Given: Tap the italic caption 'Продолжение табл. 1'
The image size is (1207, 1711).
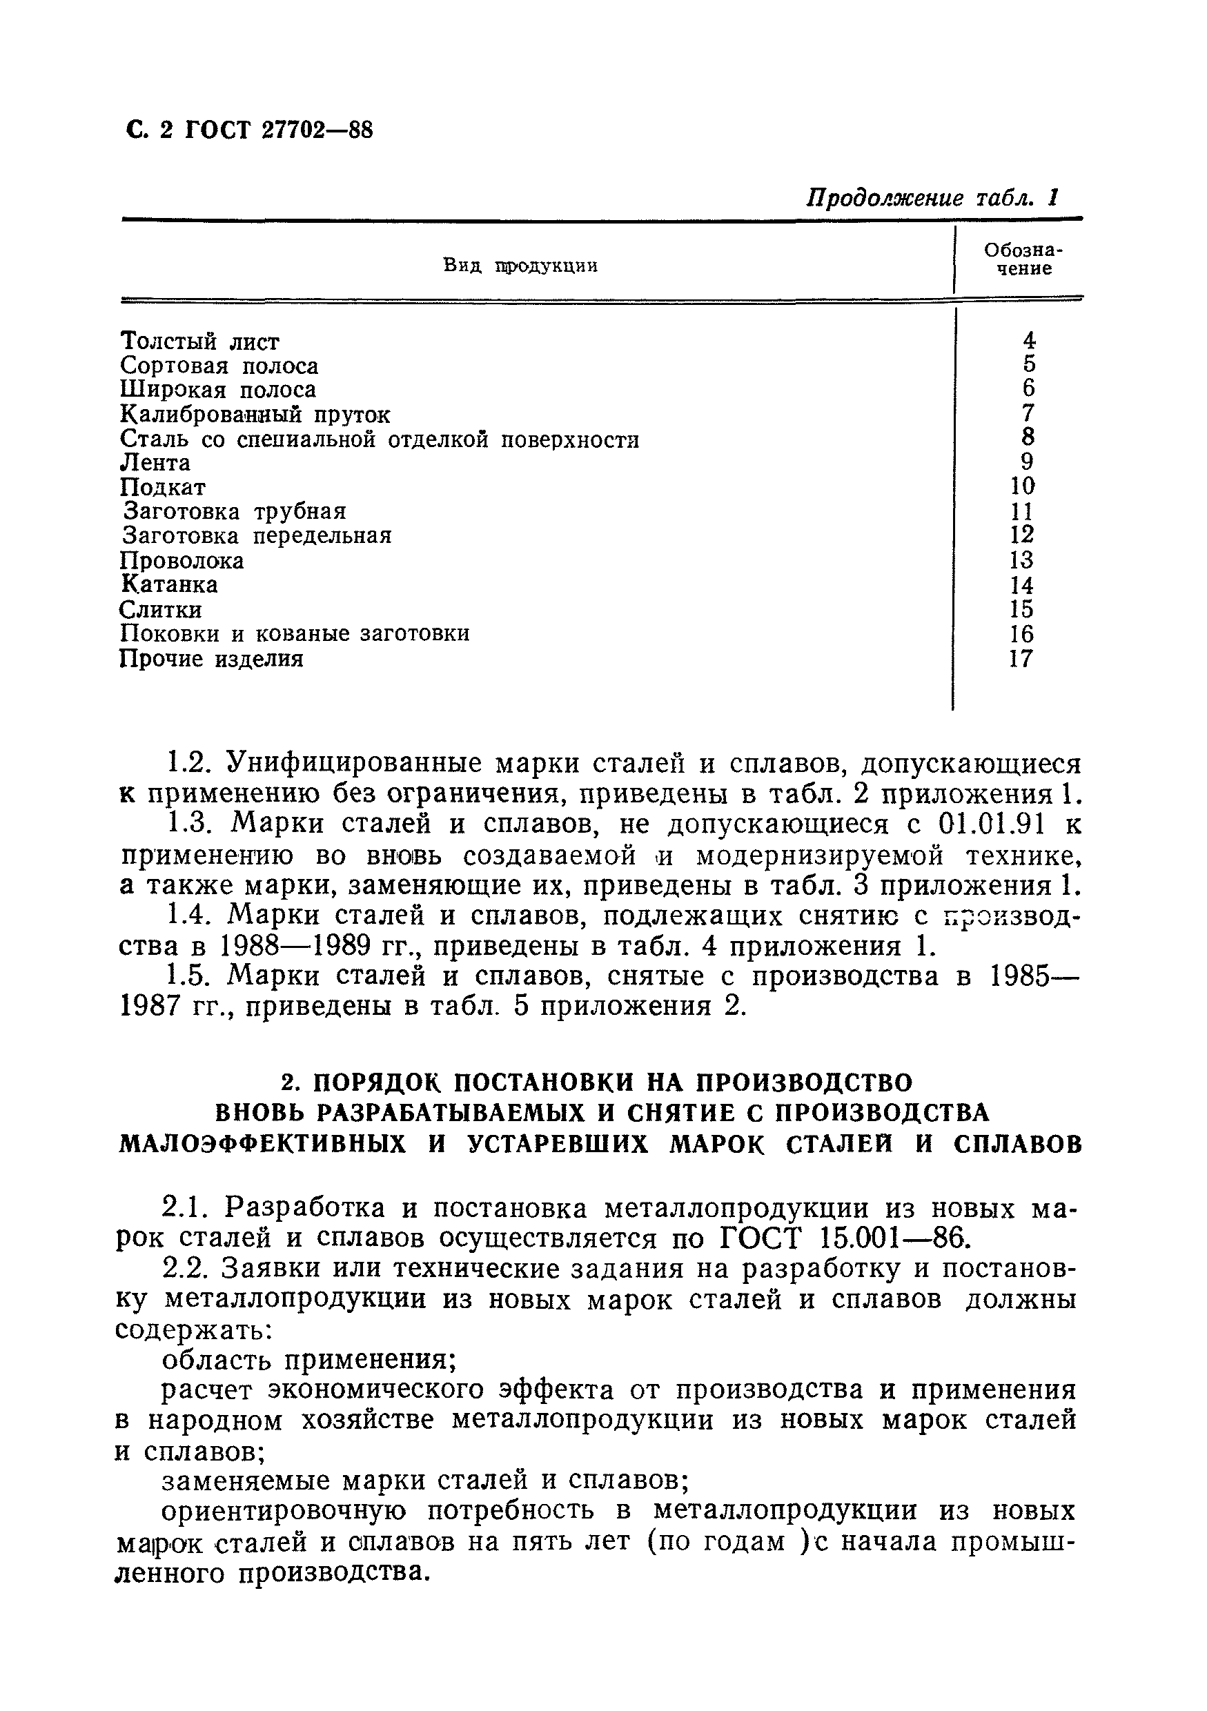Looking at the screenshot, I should click(x=932, y=198).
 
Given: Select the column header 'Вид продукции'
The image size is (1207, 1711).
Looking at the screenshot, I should click(x=520, y=266).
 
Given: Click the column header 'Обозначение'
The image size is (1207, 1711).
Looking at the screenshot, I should click(x=1023, y=259).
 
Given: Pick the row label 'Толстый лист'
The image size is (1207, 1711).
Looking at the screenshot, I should click(x=200, y=342).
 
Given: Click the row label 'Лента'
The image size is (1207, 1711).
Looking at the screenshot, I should click(x=155, y=463).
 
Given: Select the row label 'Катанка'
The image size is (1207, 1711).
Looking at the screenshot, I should click(x=169, y=584).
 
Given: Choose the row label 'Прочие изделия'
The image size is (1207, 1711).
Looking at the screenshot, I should click(x=212, y=659).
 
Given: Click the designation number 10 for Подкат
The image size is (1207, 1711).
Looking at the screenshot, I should click(x=1022, y=486).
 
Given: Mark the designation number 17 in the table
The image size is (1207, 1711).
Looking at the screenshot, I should click(x=1021, y=659).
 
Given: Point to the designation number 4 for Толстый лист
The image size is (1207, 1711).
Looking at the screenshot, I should click(x=1029, y=341).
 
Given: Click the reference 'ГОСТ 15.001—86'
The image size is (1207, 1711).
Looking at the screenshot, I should click(x=847, y=1238).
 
